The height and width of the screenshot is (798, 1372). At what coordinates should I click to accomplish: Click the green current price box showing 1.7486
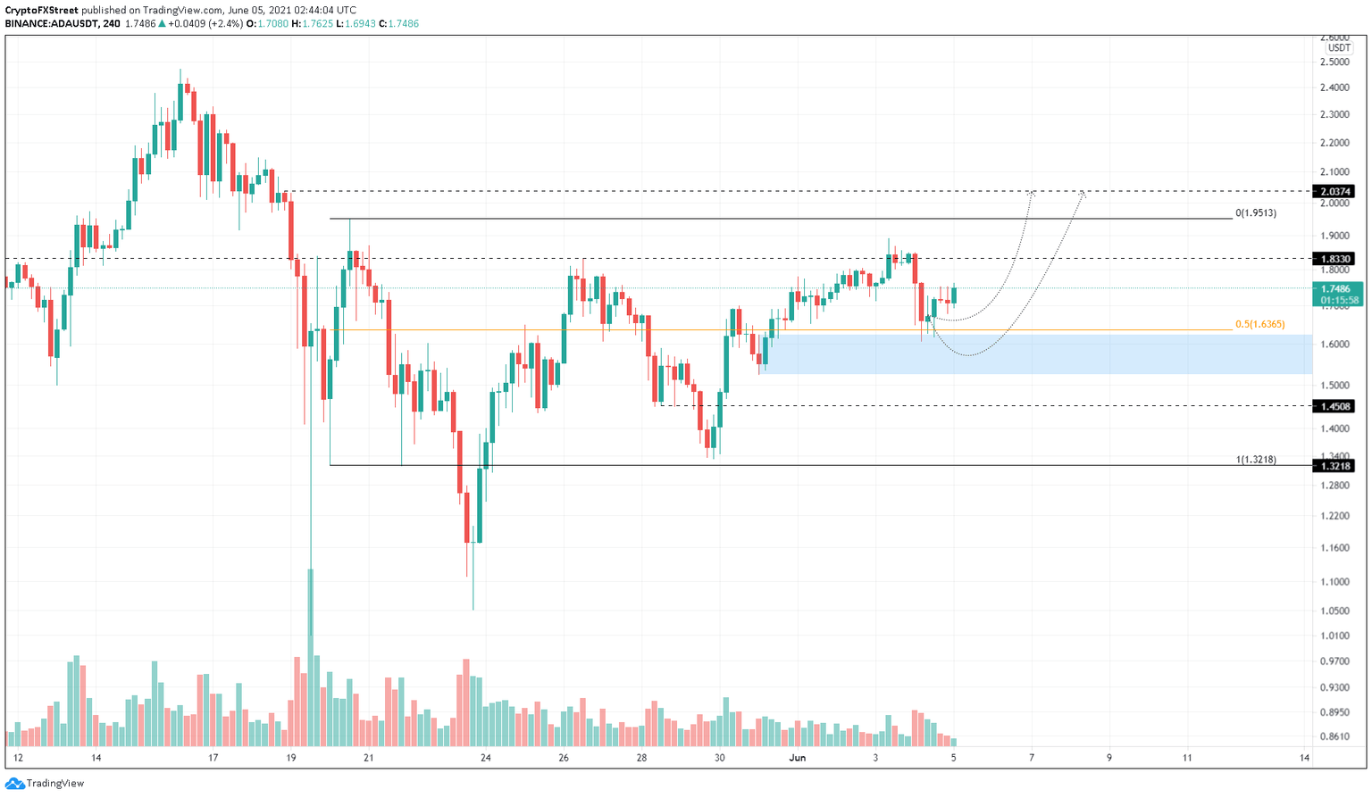(1337, 294)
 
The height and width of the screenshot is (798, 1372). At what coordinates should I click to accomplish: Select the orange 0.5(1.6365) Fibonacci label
(1259, 325)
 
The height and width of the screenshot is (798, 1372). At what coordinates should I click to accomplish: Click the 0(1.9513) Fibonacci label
(1255, 213)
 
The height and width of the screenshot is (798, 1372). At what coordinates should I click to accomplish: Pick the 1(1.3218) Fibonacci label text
(1255, 460)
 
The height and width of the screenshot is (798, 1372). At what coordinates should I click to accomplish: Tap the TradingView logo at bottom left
(45, 783)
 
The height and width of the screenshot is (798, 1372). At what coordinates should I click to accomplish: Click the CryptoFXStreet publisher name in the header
(41, 10)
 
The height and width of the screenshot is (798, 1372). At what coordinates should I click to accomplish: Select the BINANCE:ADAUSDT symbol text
(52, 24)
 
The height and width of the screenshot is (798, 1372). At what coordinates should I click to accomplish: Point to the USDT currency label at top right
(1338, 48)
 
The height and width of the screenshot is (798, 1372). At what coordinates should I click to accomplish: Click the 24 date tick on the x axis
(485, 758)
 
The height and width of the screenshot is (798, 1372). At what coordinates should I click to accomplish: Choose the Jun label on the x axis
(798, 758)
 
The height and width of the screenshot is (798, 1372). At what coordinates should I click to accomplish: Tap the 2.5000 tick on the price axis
(1334, 62)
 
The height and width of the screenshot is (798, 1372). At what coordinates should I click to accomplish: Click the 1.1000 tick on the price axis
(1334, 582)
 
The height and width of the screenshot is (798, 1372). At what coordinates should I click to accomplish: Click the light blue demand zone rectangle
(1036, 354)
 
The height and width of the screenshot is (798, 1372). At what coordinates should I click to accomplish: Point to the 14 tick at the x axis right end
(1305, 758)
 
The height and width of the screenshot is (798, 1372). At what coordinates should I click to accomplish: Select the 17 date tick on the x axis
(213, 758)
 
